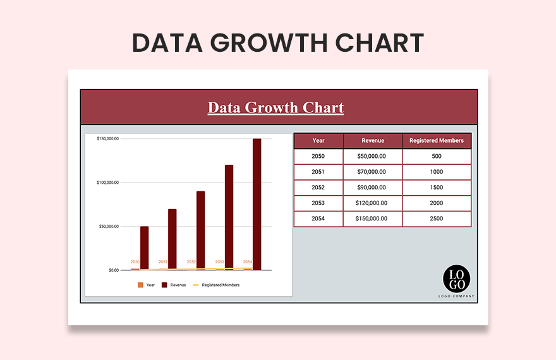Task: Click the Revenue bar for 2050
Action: [x=144, y=248]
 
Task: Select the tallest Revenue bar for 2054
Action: [x=257, y=205]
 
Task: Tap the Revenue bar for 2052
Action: [x=200, y=231]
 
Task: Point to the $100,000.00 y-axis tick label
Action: [x=107, y=183]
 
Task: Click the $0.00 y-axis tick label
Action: [x=113, y=270]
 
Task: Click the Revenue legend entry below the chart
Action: [x=174, y=285]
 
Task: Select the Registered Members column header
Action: [x=437, y=140]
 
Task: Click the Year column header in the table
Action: [x=318, y=140]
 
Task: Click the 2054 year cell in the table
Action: [x=318, y=219]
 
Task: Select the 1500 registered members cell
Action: [x=437, y=188]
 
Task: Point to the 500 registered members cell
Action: [x=437, y=156]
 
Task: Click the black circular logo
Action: [x=456, y=279]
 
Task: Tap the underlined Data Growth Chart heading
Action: [x=276, y=107]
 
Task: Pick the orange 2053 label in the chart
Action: [x=220, y=262]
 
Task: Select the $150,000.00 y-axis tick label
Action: [x=107, y=138]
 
